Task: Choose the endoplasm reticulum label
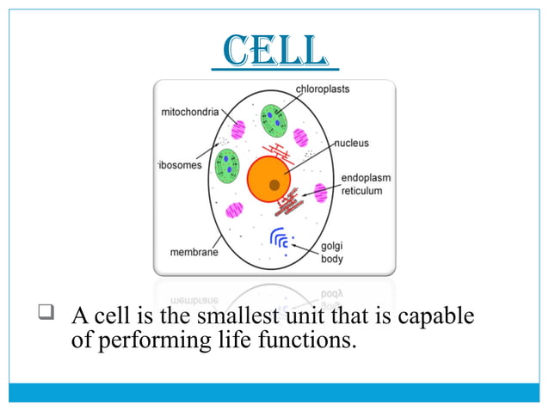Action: click(x=365, y=184)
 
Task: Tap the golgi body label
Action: click(x=331, y=252)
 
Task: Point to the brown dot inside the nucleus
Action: click(x=274, y=184)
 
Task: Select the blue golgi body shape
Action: click(x=280, y=238)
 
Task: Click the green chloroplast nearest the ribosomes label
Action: click(x=226, y=164)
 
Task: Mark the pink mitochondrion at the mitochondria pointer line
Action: click(x=237, y=129)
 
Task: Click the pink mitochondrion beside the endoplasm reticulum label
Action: click(x=321, y=193)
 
